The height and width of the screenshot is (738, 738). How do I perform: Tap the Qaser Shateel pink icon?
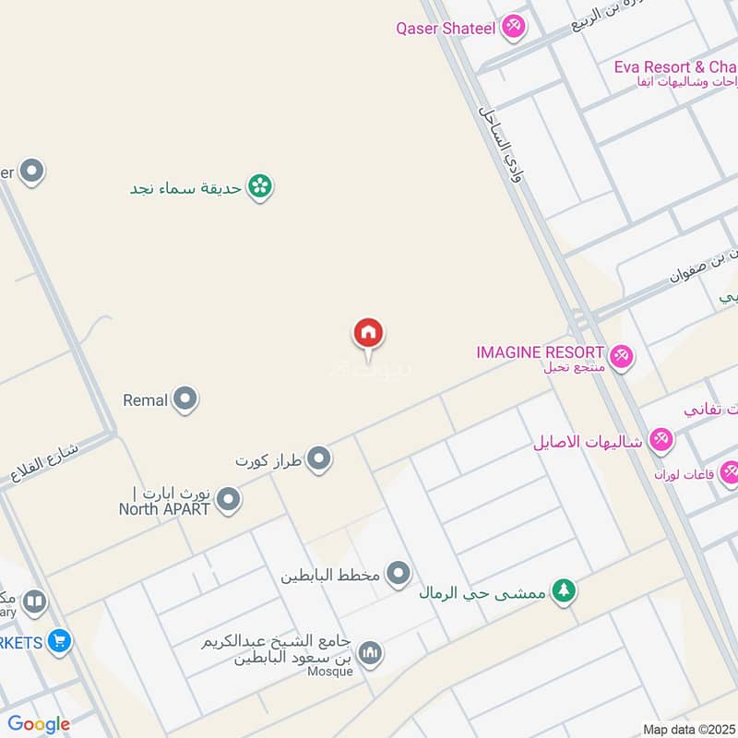pyautogui.click(x=514, y=28)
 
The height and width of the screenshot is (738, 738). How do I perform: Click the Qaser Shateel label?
pyautogui.click(x=446, y=28)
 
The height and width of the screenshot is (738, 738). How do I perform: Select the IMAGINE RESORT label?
pyautogui.click(x=540, y=352)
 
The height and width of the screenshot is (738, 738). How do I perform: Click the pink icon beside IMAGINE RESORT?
pyautogui.click(x=621, y=353)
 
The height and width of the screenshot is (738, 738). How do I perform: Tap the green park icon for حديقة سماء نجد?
pyautogui.click(x=260, y=187)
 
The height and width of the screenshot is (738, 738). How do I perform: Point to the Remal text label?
pyautogui.click(x=145, y=400)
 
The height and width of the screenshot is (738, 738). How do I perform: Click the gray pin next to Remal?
pyautogui.click(x=185, y=399)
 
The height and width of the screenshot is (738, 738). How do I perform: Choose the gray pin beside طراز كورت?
pyautogui.click(x=319, y=458)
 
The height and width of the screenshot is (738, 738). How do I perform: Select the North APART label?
pyautogui.click(x=165, y=507)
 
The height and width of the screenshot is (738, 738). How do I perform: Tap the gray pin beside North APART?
pyautogui.click(x=228, y=501)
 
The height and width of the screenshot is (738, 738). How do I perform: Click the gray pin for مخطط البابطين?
pyautogui.click(x=399, y=574)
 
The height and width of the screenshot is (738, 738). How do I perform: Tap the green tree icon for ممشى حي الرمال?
pyautogui.click(x=563, y=590)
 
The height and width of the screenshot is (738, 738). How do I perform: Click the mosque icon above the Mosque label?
pyautogui.click(x=369, y=653)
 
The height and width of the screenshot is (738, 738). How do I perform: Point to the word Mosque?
pyautogui.click(x=331, y=672)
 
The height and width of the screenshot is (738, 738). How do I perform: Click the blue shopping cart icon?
pyautogui.click(x=60, y=640)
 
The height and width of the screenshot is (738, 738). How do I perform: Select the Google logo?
pyautogui.click(x=39, y=724)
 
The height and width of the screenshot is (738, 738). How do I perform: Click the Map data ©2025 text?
pyautogui.click(x=688, y=730)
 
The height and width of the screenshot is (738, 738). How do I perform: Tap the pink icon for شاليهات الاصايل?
pyautogui.click(x=661, y=440)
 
